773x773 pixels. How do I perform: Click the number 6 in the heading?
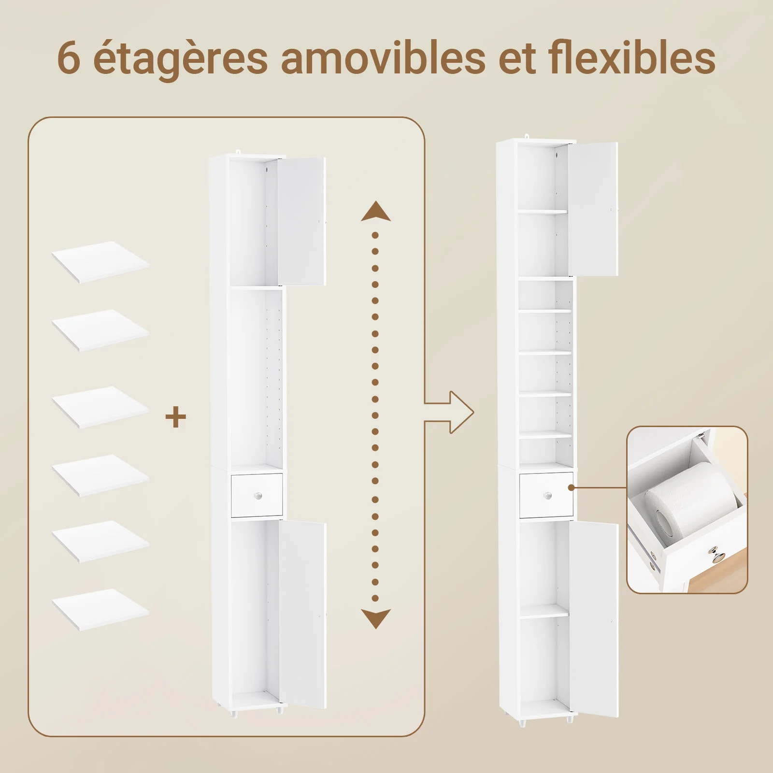(x=69, y=58)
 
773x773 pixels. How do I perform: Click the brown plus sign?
(x=176, y=417)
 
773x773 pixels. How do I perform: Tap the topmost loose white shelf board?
(x=100, y=262)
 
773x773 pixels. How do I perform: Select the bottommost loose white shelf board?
(x=100, y=609)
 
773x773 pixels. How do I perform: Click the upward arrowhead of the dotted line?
(x=376, y=212)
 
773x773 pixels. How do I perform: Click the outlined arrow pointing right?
(x=449, y=412)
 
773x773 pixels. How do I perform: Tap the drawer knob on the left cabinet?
(x=258, y=496)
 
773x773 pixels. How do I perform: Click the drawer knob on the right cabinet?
(x=547, y=496)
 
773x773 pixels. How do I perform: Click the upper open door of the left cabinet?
(x=301, y=221)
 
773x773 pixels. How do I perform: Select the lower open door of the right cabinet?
(x=594, y=619)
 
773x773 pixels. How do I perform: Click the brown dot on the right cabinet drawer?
(x=571, y=488)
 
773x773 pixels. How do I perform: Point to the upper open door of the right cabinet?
(x=593, y=209)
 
